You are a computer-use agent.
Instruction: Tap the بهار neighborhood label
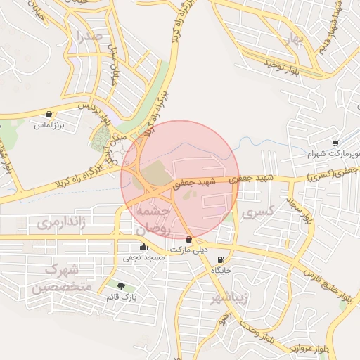(292, 39)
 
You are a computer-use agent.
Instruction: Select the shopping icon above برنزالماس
(49, 113)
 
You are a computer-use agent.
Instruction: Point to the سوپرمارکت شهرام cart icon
(335, 142)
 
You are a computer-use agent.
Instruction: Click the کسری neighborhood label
(258, 211)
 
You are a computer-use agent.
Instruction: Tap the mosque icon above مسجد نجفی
(143, 247)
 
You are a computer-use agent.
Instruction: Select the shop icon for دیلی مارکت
(188, 240)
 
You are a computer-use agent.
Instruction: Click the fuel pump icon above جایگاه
(223, 259)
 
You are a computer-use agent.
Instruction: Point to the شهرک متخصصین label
(60, 278)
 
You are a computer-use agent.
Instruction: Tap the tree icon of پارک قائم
(121, 286)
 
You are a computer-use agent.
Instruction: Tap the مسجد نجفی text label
(144, 258)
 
